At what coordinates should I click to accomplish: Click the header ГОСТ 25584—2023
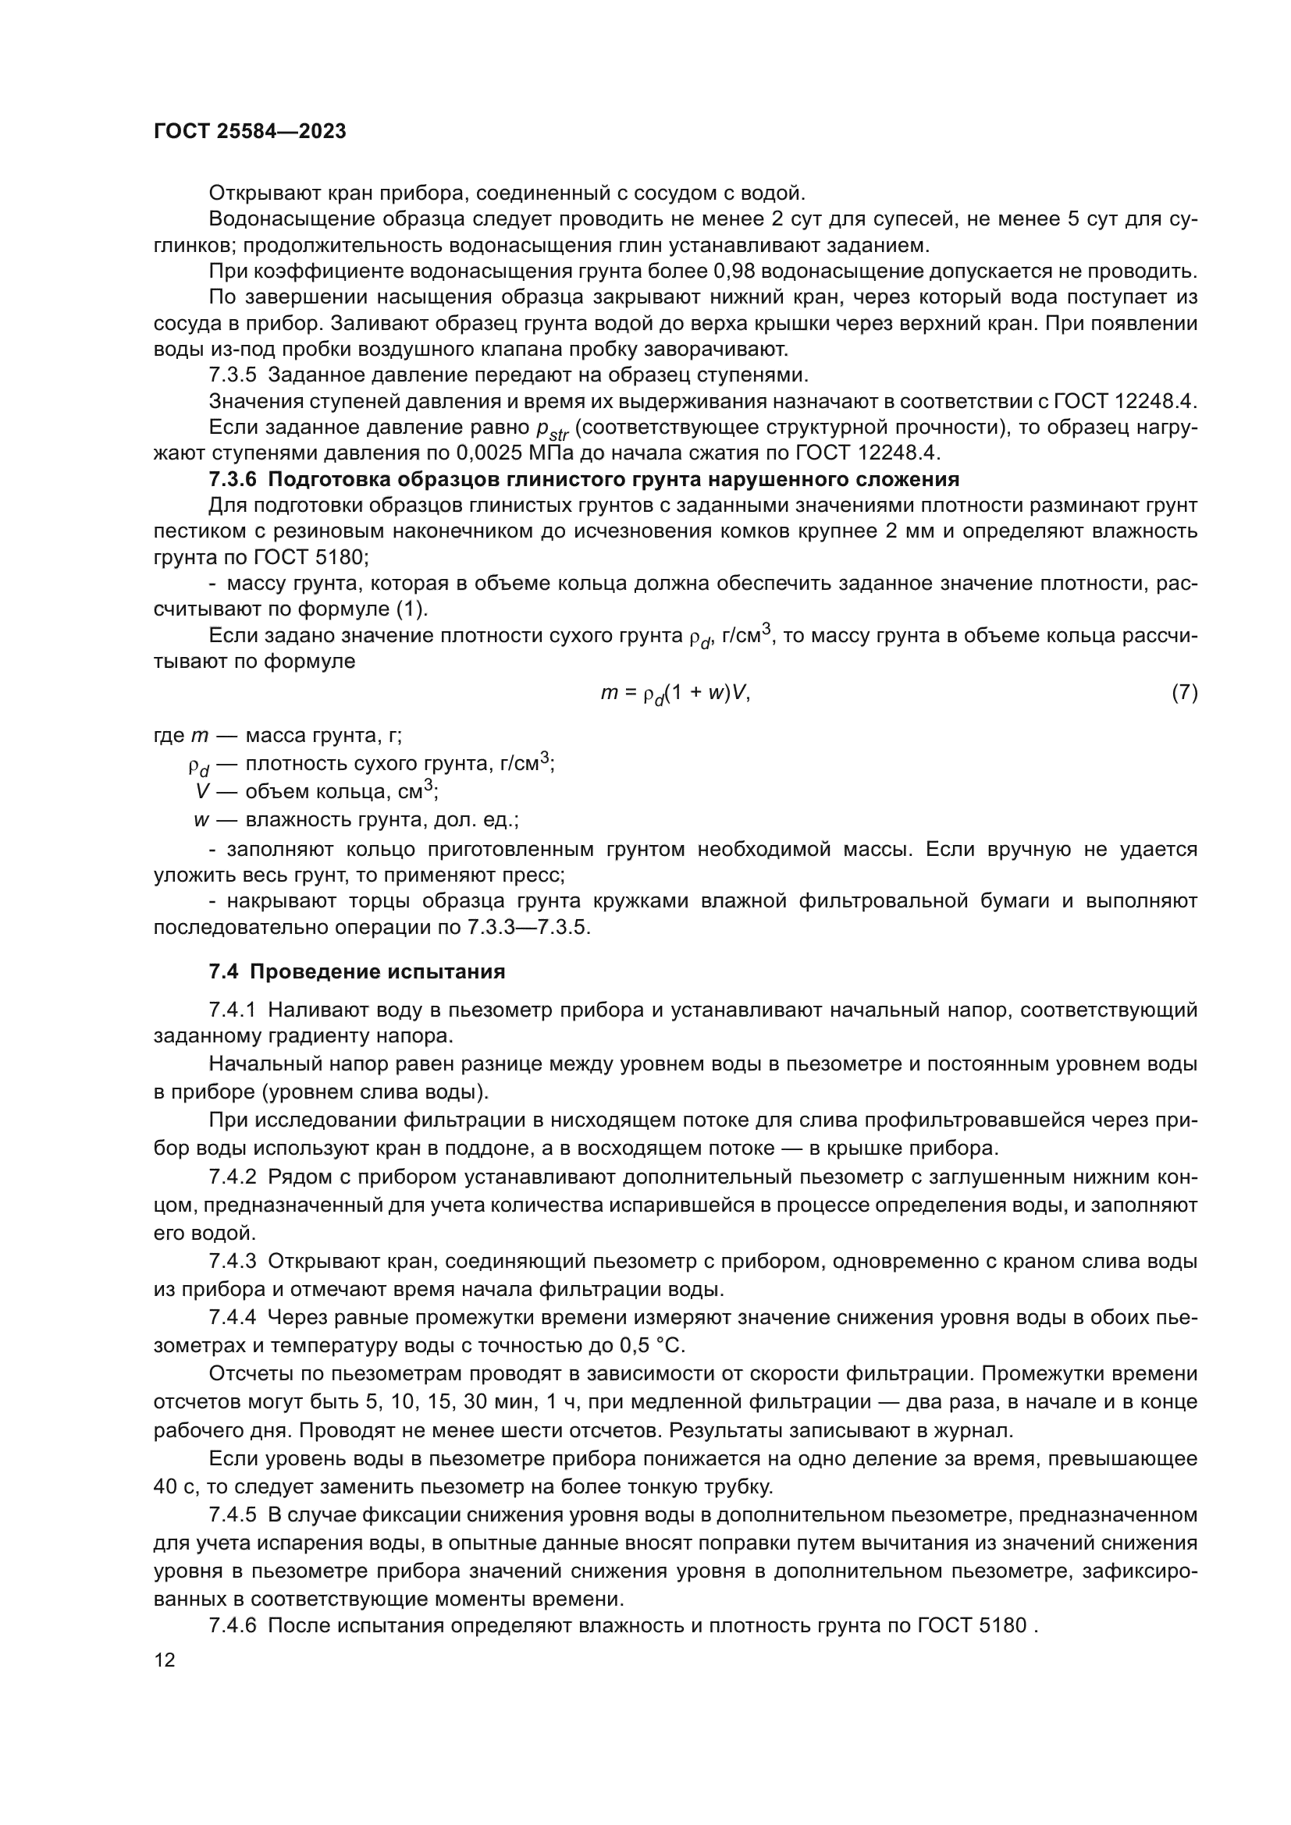250,132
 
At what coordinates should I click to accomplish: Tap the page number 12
165,1660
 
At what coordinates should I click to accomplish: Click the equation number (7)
1184,692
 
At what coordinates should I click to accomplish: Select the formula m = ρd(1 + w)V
675,694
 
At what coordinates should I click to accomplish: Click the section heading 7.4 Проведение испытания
357,971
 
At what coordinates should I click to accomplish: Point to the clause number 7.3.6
233,479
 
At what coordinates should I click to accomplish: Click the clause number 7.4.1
233,1010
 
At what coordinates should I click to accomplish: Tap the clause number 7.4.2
233,1177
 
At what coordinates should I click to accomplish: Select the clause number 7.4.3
233,1261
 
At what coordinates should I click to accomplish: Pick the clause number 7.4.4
233,1317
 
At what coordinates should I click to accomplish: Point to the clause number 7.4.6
233,1624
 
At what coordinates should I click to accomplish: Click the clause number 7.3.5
233,375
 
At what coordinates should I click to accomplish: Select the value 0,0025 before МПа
490,453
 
